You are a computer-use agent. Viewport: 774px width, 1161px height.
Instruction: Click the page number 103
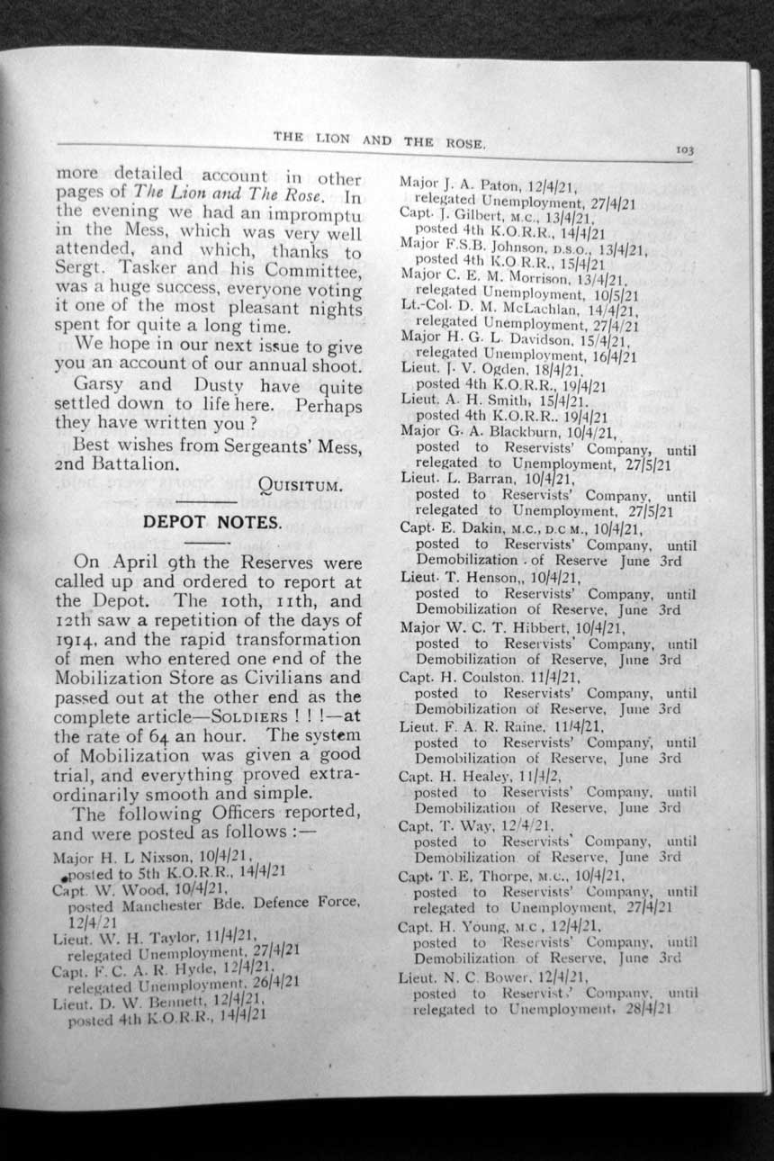[x=686, y=153]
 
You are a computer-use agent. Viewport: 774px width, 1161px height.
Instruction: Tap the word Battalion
[x=126, y=465]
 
